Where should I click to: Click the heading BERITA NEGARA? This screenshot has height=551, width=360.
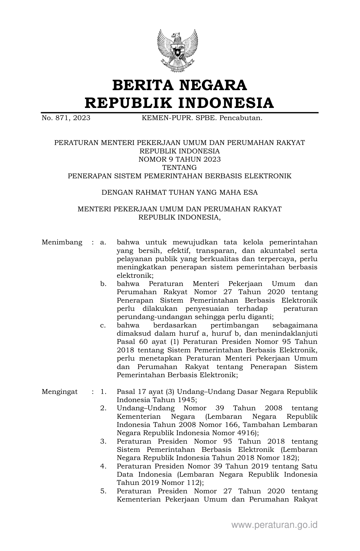[x=180, y=85]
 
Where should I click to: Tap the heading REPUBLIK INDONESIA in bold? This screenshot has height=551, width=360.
[x=180, y=103]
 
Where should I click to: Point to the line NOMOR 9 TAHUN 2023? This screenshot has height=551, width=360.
[x=180, y=159]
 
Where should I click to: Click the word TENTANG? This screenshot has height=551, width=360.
[x=180, y=168]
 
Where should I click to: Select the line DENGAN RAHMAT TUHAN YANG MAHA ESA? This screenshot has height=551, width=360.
[x=180, y=192]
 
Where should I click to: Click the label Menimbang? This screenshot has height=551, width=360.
[x=62, y=242]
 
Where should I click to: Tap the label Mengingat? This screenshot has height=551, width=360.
[x=60, y=392]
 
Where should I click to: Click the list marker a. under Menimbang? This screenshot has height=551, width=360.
[x=103, y=242]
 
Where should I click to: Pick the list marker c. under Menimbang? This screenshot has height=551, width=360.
[x=103, y=325]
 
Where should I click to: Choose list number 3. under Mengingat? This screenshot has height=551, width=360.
[x=103, y=441]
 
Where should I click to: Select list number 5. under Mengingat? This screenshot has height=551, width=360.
[x=103, y=491]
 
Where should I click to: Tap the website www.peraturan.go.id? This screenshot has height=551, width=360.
[x=274, y=525]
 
